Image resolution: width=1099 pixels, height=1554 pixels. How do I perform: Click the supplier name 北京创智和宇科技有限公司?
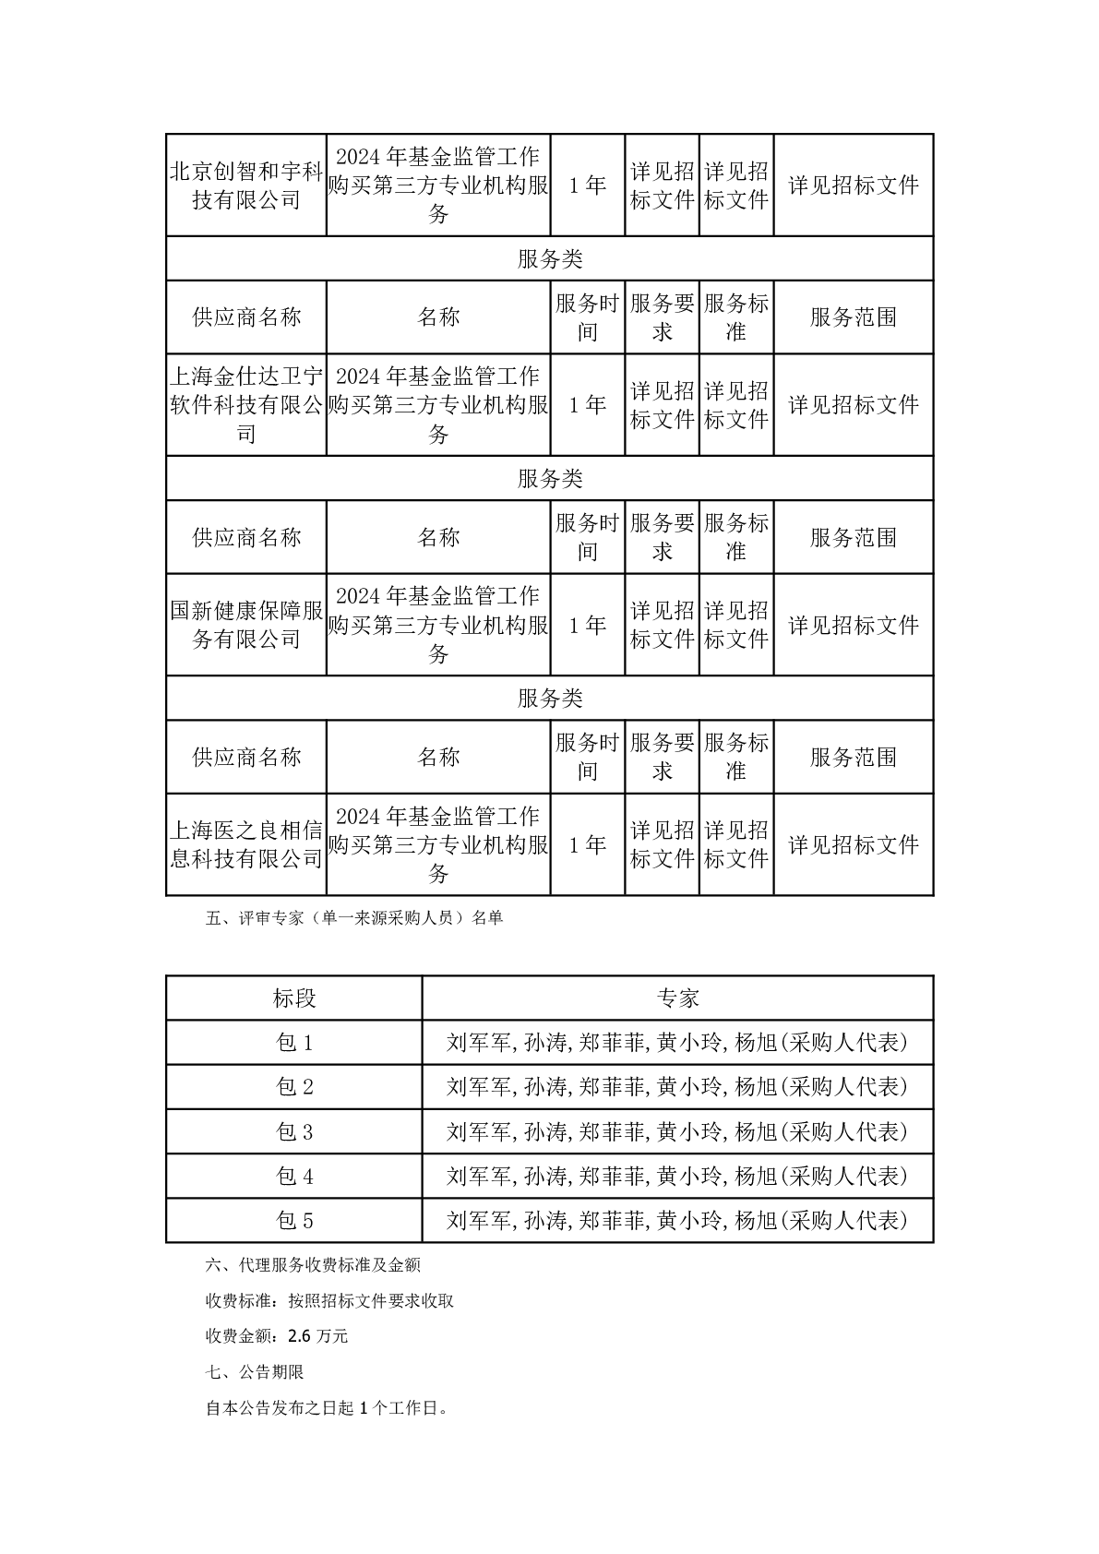[x=246, y=185]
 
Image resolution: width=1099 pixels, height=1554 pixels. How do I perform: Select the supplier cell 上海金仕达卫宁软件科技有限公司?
[x=246, y=404]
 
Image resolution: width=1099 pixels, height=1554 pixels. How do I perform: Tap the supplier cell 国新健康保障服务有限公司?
[x=246, y=625]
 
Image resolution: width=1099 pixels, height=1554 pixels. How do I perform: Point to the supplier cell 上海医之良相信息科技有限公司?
[x=246, y=844]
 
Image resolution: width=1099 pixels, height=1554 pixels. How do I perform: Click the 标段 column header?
[x=294, y=998]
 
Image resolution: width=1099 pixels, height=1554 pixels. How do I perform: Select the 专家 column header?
[x=677, y=998]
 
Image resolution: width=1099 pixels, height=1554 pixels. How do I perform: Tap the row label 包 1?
[x=294, y=1043]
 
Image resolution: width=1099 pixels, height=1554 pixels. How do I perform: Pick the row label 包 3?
[x=294, y=1131]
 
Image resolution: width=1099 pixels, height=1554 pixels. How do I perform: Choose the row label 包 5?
[x=294, y=1221]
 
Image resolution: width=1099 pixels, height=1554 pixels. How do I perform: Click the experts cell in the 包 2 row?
[x=677, y=1087]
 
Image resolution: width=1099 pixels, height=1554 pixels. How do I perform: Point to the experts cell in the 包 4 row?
[x=677, y=1176]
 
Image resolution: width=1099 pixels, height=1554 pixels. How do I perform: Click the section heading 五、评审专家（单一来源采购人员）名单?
[x=354, y=918]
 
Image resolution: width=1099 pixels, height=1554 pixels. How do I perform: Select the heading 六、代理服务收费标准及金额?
[x=314, y=1265]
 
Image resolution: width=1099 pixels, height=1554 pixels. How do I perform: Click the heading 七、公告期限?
[x=256, y=1372]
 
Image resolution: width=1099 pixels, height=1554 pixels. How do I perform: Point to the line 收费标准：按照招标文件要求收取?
[x=329, y=1301]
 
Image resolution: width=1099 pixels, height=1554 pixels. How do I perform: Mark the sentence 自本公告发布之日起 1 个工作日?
[x=326, y=1408]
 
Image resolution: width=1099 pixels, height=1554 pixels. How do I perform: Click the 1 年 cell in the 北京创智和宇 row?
[x=587, y=185]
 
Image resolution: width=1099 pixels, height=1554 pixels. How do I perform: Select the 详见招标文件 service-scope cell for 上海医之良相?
[x=854, y=844]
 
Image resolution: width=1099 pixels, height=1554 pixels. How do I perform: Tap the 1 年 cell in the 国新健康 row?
[x=587, y=625]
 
